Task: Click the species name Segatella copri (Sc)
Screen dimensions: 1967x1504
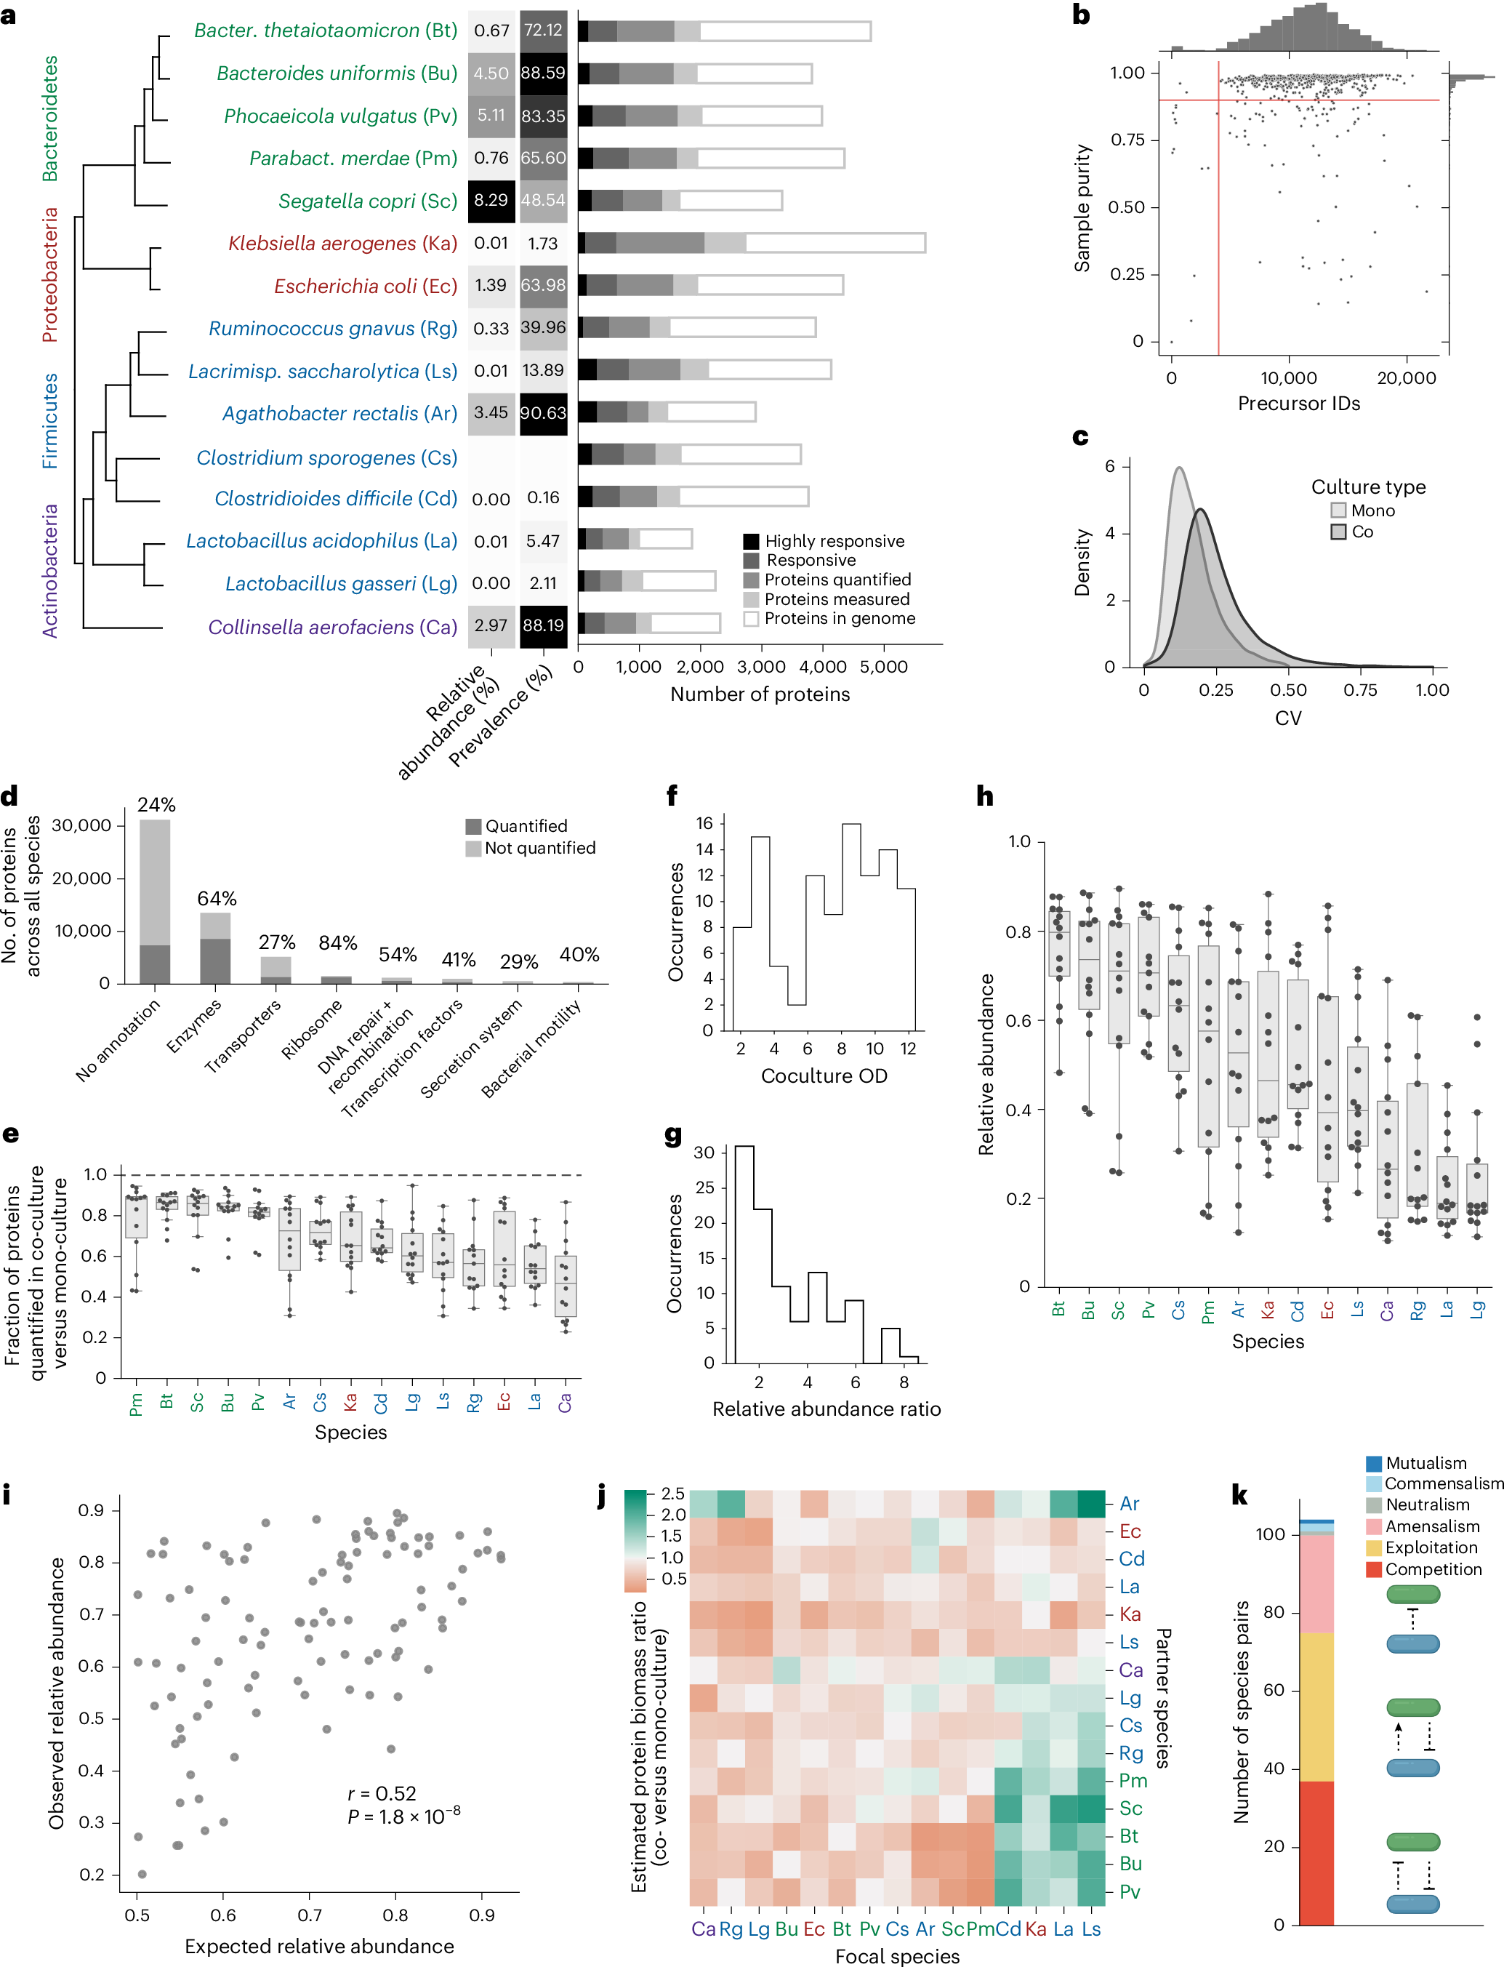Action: point(367,201)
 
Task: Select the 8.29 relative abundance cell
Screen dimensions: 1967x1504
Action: point(491,201)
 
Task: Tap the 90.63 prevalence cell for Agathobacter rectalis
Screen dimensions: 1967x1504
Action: point(544,413)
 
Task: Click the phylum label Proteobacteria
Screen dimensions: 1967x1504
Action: point(50,275)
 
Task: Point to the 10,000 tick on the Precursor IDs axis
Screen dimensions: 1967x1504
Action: point(1288,378)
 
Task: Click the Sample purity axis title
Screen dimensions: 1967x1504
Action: point(1082,208)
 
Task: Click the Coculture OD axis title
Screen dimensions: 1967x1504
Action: point(824,1075)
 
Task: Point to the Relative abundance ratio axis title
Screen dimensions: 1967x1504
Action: point(827,1409)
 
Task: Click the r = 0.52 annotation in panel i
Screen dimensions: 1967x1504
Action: point(382,1793)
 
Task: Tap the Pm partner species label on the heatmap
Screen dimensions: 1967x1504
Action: point(1133,1781)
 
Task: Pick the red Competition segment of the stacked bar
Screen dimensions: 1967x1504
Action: point(1315,1854)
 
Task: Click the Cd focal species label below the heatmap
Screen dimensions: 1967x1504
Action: point(1008,1928)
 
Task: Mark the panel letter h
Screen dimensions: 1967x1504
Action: point(985,796)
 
